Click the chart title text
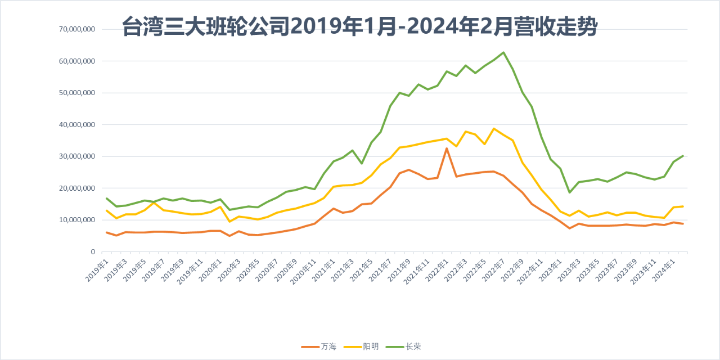(x=359, y=26)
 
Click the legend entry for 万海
(x=318, y=346)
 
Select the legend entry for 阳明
(x=361, y=346)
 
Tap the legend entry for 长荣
(x=403, y=346)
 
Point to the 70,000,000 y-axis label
(x=77, y=29)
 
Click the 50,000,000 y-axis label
(x=77, y=93)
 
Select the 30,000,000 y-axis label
(x=77, y=156)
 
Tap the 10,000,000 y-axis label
(x=77, y=220)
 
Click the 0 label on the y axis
(x=93, y=252)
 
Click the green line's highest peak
(x=503, y=52)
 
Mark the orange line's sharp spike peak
(x=447, y=148)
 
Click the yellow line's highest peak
(x=494, y=129)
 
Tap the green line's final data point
(x=683, y=156)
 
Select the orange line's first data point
(x=107, y=232)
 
